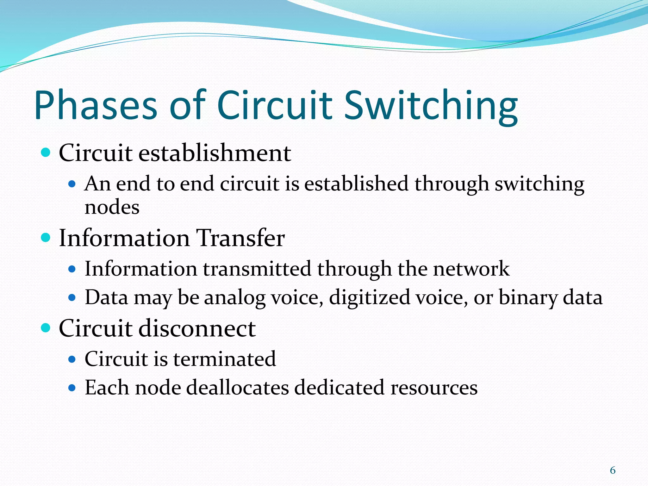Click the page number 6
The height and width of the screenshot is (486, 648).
(613, 470)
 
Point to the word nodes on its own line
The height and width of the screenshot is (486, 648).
(112, 208)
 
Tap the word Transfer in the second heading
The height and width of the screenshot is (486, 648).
(240, 238)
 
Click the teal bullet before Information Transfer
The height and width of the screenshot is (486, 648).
(46, 238)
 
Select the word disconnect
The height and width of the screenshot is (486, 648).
(197, 328)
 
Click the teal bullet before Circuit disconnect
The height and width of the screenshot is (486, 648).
(46, 328)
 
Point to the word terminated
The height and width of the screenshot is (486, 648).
(224, 359)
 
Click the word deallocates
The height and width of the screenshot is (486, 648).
(237, 388)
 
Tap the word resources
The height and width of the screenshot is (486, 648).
(434, 388)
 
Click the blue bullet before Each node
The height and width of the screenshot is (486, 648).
(72, 388)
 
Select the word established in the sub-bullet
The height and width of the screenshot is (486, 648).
(356, 184)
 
